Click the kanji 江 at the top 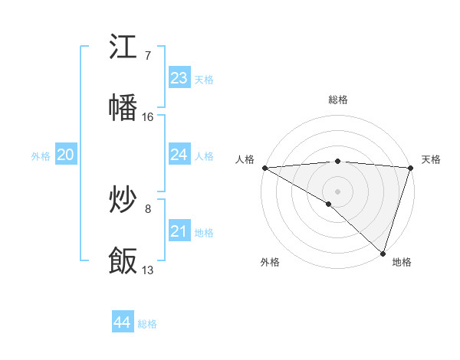(x=123, y=47)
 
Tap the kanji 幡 (x=123, y=107)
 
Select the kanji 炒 (x=123, y=201)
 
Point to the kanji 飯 (x=123, y=261)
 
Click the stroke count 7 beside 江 (x=147, y=56)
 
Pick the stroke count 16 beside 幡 (x=148, y=116)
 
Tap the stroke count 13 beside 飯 (x=148, y=270)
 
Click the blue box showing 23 (x=179, y=78)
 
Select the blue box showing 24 (x=179, y=155)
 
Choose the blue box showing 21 (x=179, y=231)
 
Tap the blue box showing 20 (x=65, y=155)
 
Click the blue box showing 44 (x=123, y=322)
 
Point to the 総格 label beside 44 (x=147, y=324)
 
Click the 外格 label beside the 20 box (x=41, y=156)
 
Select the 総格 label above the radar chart (x=337, y=100)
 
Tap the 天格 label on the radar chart (x=431, y=159)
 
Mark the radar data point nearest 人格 (x=264, y=168)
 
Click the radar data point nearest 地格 (x=383, y=254)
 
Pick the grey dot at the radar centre (x=337, y=191)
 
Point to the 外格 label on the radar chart (x=270, y=262)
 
